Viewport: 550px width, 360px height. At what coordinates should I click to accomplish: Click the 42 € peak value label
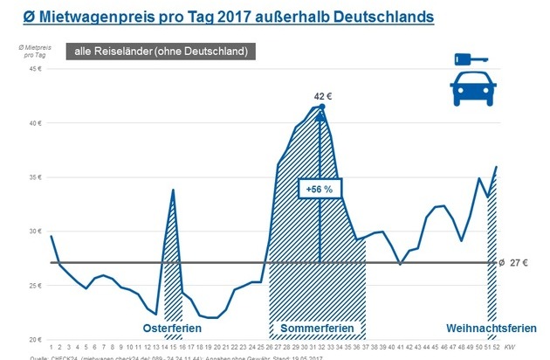[321, 95]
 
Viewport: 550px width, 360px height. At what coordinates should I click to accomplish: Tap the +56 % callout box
[320, 189]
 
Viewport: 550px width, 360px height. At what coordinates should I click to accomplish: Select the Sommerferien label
[317, 329]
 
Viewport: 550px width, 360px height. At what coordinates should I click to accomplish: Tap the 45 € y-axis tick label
[35, 69]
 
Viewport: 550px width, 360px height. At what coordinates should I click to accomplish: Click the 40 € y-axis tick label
[35, 123]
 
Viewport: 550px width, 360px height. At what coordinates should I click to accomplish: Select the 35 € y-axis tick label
[35, 177]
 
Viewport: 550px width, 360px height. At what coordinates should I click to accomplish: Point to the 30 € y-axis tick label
[35, 232]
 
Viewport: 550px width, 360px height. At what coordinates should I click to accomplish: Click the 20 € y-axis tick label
[35, 340]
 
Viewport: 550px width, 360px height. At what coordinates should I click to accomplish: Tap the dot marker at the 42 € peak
[321, 107]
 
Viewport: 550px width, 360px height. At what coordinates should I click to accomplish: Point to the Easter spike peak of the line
[174, 190]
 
